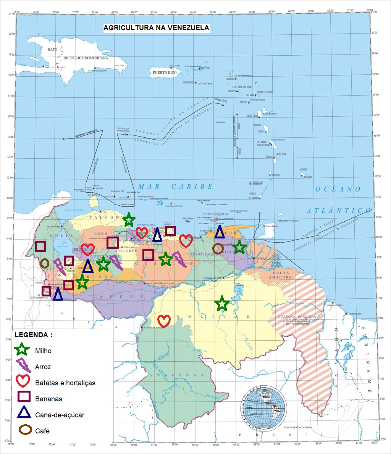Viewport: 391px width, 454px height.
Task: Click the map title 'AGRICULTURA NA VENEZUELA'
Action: tap(157, 28)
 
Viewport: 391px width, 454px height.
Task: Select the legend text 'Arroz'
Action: tap(43, 367)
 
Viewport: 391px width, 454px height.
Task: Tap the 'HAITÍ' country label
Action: tap(52, 50)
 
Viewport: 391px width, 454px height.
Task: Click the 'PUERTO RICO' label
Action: tap(165, 72)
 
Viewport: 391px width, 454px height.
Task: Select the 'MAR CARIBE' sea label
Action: tap(175, 187)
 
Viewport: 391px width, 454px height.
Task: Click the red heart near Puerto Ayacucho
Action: tap(164, 321)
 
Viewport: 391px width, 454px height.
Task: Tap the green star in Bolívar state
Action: tap(222, 304)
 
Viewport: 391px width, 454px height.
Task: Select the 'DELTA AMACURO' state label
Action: tap(282, 275)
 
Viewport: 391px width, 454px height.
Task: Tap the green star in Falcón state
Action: tap(129, 219)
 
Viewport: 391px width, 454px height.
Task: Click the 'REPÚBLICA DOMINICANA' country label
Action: tap(86, 58)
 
